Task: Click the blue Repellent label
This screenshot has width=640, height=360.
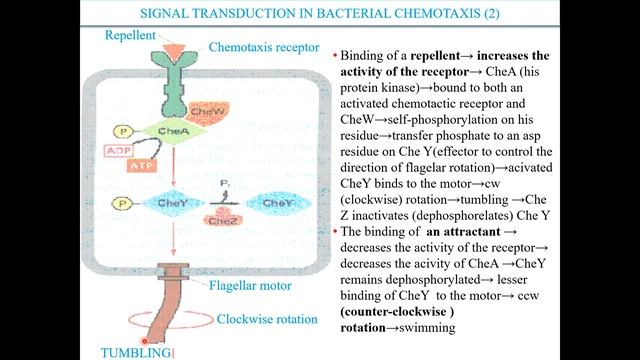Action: pyautogui.click(x=133, y=36)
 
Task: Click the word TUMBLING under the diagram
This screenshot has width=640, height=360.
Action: pyautogui.click(x=137, y=351)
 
